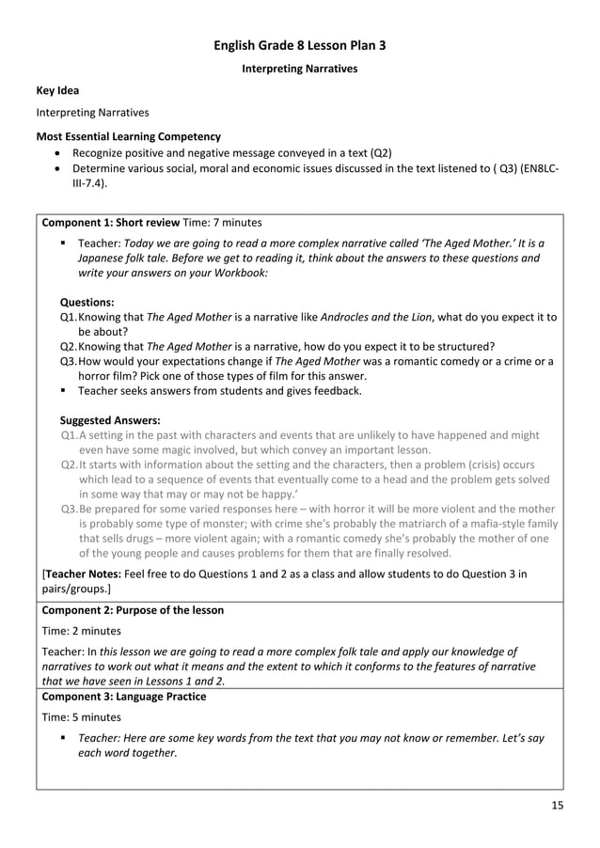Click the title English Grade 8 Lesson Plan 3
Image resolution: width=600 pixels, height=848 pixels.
coord(300,44)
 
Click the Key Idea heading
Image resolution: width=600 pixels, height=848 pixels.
coord(57,90)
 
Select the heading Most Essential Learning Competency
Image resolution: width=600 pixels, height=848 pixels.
coord(128,136)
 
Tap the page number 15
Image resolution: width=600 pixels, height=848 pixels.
coord(557,807)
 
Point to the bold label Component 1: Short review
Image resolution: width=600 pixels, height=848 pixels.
coord(111,223)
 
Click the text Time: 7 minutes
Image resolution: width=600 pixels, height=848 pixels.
coord(222,223)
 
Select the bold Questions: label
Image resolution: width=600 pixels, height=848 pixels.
coord(87,303)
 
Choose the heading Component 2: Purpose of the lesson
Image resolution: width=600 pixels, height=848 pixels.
coord(134,610)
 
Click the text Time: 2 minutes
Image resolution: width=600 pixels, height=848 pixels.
coord(82,631)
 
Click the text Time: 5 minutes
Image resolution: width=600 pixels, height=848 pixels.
coord(82,717)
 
